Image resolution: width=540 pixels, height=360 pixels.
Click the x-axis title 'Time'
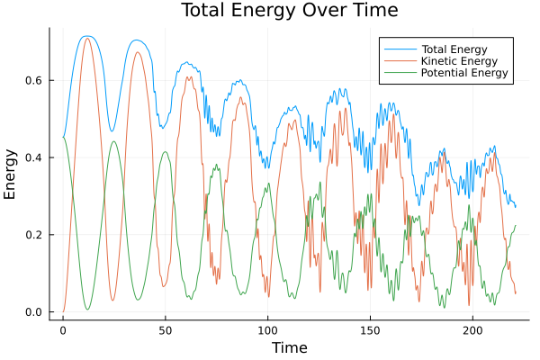pos(289,347)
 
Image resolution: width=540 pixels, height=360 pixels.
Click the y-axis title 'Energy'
pos(11,174)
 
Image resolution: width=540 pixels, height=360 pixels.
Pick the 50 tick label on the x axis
pos(166,330)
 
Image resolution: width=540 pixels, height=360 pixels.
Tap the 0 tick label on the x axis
pos(63,330)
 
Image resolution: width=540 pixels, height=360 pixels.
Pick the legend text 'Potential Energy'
pos(465,73)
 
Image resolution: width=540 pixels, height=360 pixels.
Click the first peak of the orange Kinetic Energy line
pos(87,38)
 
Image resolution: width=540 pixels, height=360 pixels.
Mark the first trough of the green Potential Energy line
pos(87,310)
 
